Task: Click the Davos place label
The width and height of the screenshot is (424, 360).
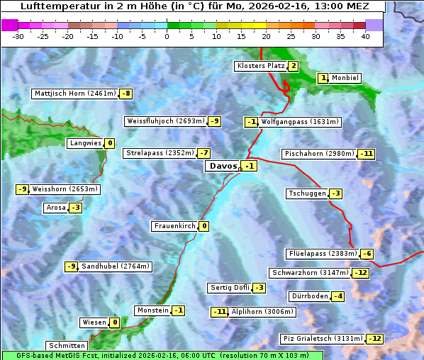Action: (222, 166)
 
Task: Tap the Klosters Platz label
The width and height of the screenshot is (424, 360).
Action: (260, 66)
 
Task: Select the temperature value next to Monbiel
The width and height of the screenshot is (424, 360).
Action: (323, 78)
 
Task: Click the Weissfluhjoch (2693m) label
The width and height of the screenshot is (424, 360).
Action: (165, 121)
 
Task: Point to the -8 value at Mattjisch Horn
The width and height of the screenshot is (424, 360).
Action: (126, 94)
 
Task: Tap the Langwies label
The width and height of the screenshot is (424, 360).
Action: (85, 143)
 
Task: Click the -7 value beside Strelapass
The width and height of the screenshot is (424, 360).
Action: (204, 153)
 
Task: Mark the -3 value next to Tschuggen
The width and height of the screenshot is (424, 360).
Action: (336, 193)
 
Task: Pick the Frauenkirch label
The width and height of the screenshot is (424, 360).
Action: (174, 226)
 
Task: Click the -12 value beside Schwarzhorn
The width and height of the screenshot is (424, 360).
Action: (361, 273)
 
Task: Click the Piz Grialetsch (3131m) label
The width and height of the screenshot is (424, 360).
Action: (322, 339)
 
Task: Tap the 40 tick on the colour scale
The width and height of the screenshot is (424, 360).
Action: (365, 35)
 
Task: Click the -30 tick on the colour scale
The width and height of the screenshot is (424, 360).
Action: (19, 35)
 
